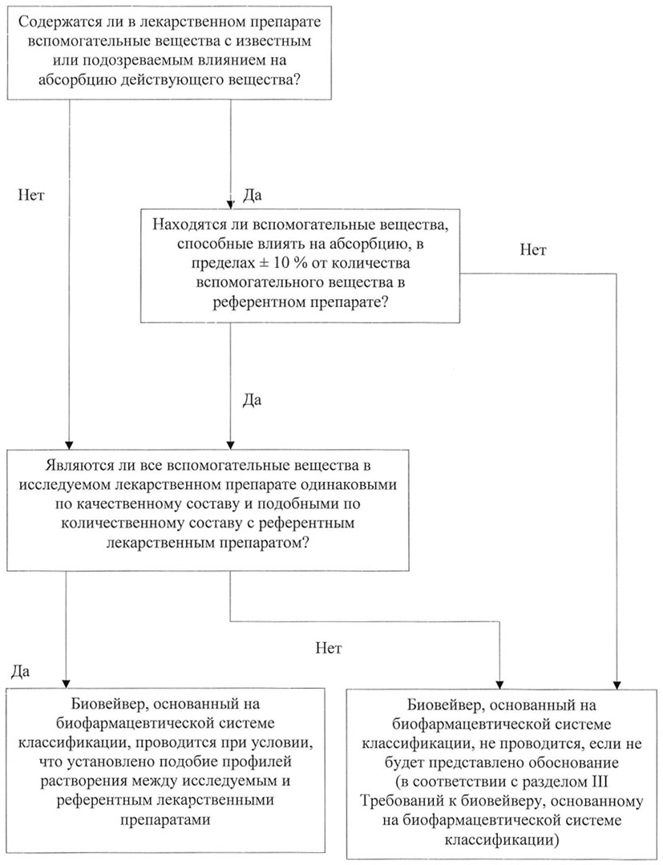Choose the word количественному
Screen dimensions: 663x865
[x=118, y=523]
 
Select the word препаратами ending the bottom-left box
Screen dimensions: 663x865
[x=165, y=819]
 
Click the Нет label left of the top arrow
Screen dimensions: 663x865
[x=31, y=196]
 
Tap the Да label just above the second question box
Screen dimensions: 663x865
[x=252, y=196]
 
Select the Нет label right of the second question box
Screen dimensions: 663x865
[x=533, y=250]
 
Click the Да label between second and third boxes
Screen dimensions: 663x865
[x=252, y=401]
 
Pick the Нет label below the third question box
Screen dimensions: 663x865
[x=328, y=648]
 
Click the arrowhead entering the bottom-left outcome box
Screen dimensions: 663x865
[x=67, y=682]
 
